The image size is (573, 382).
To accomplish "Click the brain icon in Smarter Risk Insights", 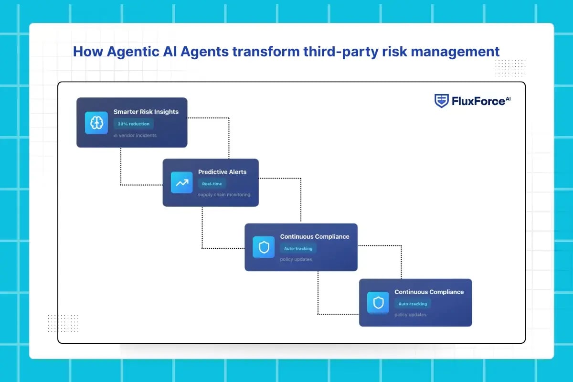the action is pyautogui.click(x=96, y=123).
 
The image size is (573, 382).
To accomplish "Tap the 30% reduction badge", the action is pyautogui.click(x=134, y=124).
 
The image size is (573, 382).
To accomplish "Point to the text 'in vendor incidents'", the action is pyautogui.click(x=135, y=135).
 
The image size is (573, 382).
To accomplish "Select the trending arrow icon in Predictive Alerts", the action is pyautogui.click(x=182, y=183).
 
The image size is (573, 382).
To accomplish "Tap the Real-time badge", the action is pyautogui.click(x=212, y=184).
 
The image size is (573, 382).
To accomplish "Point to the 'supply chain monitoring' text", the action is pyautogui.click(x=224, y=195).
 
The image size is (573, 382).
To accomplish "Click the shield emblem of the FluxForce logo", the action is pyautogui.click(x=442, y=101).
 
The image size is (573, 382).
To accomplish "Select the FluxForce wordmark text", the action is pyautogui.click(x=478, y=101).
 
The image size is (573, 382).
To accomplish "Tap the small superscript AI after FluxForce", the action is pyautogui.click(x=508, y=99).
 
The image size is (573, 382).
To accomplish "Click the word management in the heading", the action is pyautogui.click(x=455, y=52).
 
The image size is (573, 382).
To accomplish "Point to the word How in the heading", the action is pyautogui.click(x=88, y=52).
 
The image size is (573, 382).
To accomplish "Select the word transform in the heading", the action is pyautogui.click(x=266, y=52).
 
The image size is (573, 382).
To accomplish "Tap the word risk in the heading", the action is pyautogui.click(x=394, y=52).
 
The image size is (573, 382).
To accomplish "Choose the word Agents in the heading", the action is pyautogui.click(x=204, y=52).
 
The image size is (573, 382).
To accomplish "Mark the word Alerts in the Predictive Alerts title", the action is pyautogui.click(x=238, y=172).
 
